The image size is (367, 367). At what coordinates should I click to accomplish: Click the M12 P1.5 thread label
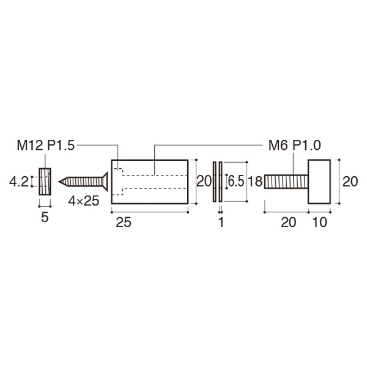[x=46, y=146]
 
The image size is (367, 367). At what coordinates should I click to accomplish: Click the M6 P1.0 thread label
[x=295, y=146]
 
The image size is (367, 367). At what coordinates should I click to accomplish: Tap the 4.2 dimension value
[x=18, y=182]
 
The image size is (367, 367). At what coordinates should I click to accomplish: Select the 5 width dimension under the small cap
[x=45, y=218]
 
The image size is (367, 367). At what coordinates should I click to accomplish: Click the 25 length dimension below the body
[x=123, y=223]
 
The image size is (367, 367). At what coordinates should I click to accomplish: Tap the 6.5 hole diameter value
[x=235, y=182]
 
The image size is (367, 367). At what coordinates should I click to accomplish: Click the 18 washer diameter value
[x=256, y=182]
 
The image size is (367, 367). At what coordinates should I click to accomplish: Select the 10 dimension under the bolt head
[x=319, y=223]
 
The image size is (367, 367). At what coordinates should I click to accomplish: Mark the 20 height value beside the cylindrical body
[x=204, y=182]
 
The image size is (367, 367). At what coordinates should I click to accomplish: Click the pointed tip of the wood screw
[x=61, y=182]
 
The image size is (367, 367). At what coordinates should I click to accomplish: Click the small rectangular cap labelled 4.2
[x=45, y=182]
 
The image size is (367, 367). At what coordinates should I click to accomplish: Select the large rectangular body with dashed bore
[x=149, y=182]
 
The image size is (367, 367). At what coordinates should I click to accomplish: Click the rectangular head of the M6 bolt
[x=319, y=182]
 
